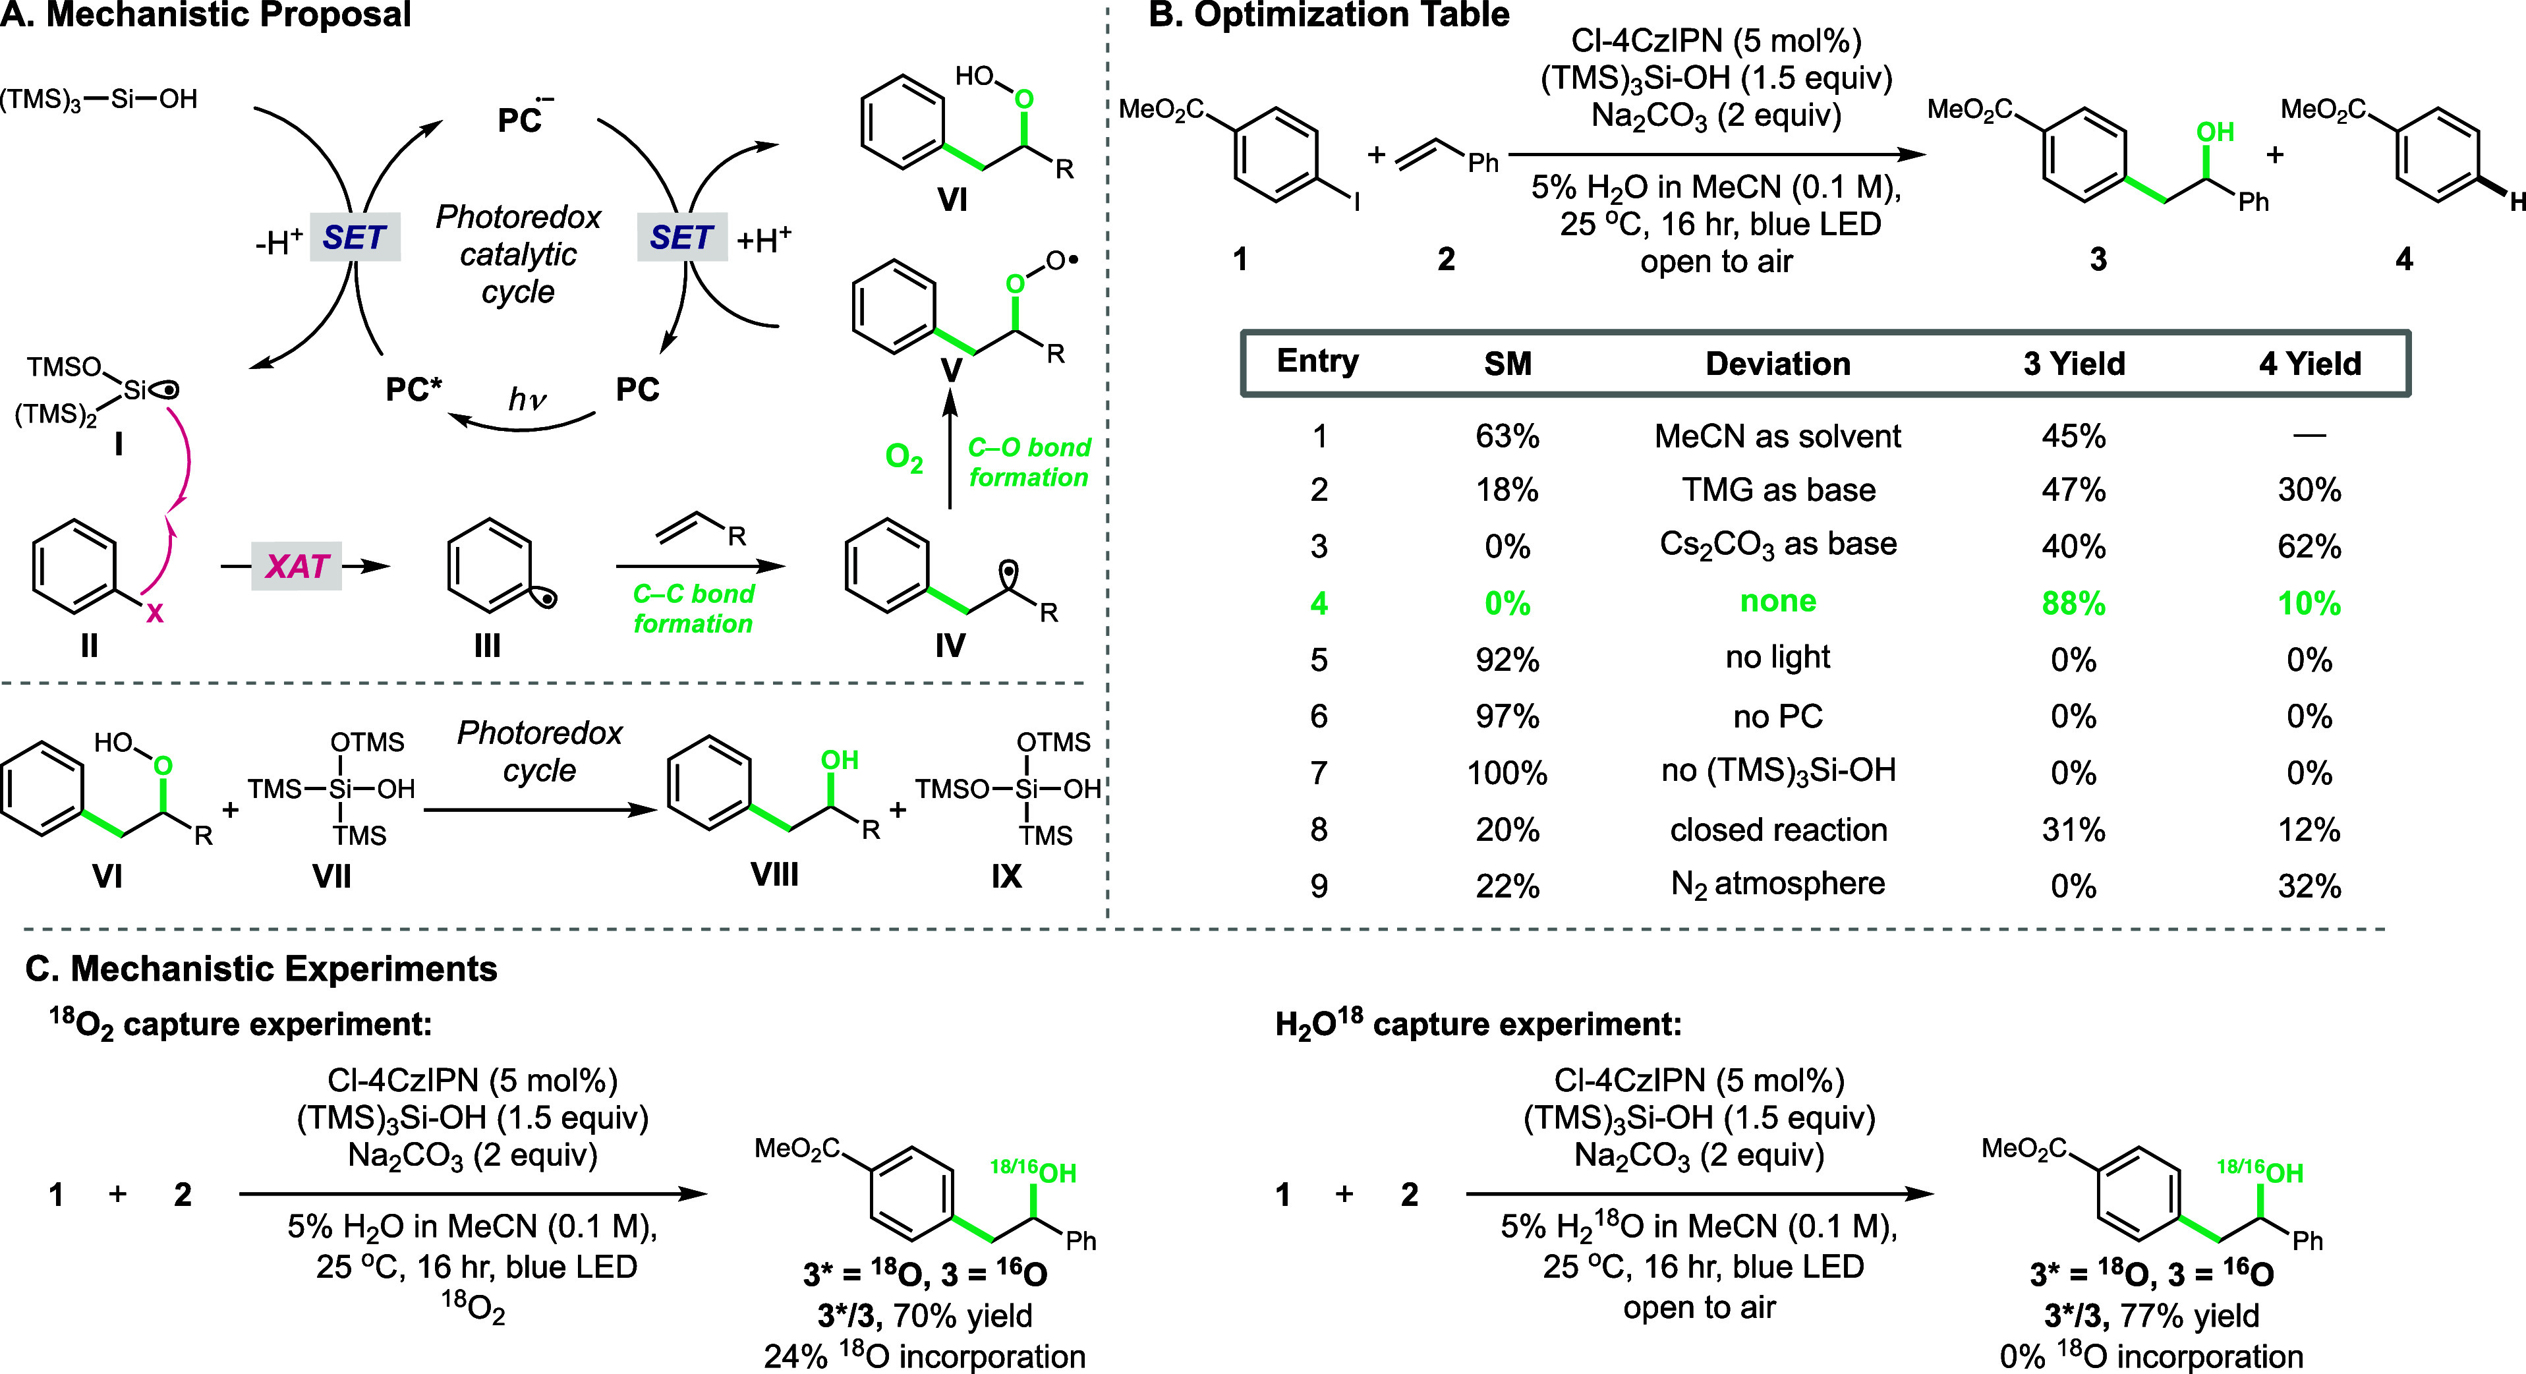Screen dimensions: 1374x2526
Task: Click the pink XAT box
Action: pyautogui.click(x=296, y=566)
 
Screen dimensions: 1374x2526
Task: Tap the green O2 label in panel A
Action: pyautogui.click(x=903, y=457)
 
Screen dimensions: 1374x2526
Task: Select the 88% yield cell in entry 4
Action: pyautogui.click(x=2073, y=602)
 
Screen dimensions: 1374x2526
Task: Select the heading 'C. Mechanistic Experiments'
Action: pyautogui.click(x=262, y=968)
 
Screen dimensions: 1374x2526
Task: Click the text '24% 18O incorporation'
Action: pyautogui.click(x=924, y=1356)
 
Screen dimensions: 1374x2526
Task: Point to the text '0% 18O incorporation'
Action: pyautogui.click(x=2152, y=1356)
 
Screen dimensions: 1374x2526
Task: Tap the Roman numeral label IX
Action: pyautogui.click(x=1006, y=874)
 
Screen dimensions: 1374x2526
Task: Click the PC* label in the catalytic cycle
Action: pyautogui.click(x=413, y=389)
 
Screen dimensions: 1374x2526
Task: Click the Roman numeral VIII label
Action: pyautogui.click(x=774, y=874)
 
